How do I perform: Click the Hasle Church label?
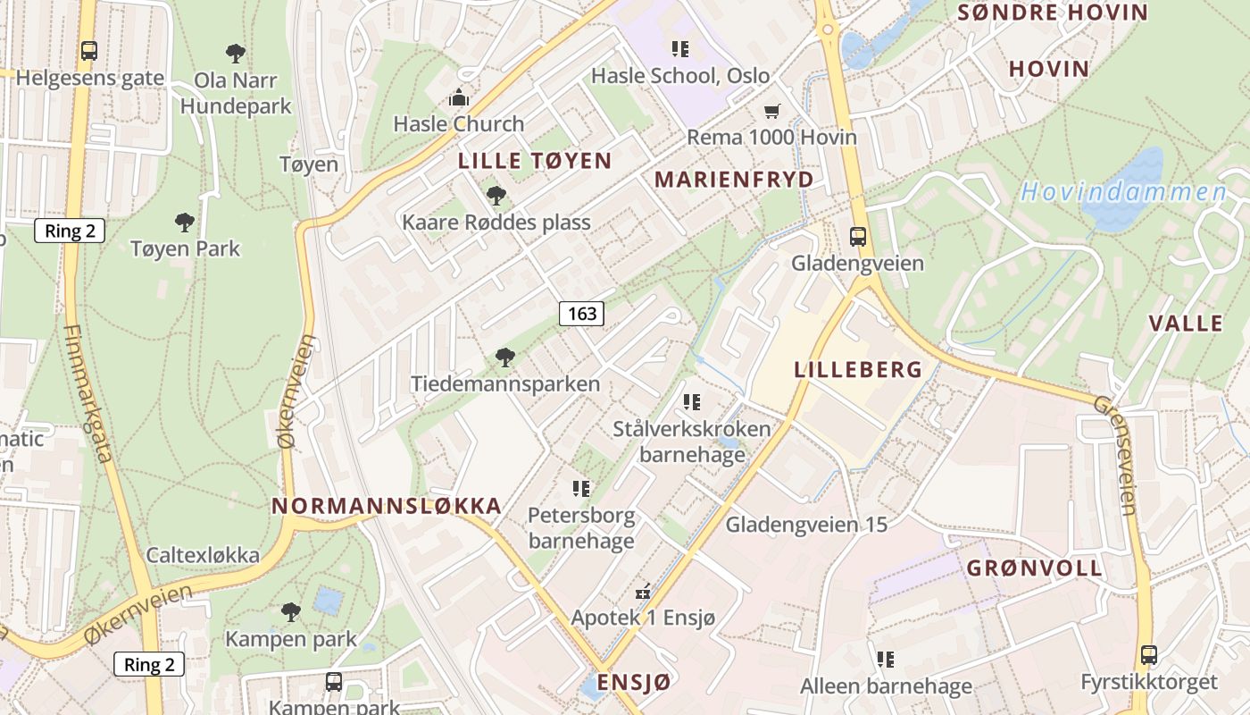click(x=459, y=123)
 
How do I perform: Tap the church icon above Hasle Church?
click(x=459, y=97)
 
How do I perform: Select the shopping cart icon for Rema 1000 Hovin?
click(x=771, y=111)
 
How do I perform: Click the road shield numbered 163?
click(x=581, y=314)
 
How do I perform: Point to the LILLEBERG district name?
click(x=858, y=369)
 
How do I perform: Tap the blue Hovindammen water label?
click(x=1124, y=192)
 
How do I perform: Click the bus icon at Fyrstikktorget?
click(x=1148, y=655)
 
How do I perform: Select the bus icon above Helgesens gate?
click(x=89, y=51)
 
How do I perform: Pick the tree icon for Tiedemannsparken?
click(x=505, y=357)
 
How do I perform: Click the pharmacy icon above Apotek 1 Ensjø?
click(x=643, y=592)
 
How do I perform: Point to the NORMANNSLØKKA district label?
click(x=386, y=506)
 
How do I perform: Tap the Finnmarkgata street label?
click(x=88, y=393)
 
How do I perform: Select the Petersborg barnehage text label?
click(x=581, y=528)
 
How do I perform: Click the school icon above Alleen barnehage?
click(x=886, y=660)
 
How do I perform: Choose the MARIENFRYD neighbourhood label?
click(x=734, y=180)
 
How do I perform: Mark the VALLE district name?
click(x=1186, y=323)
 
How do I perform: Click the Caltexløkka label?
click(x=203, y=555)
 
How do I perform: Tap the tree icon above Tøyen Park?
click(x=185, y=222)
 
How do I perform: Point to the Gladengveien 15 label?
click(x=806, y=525)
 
